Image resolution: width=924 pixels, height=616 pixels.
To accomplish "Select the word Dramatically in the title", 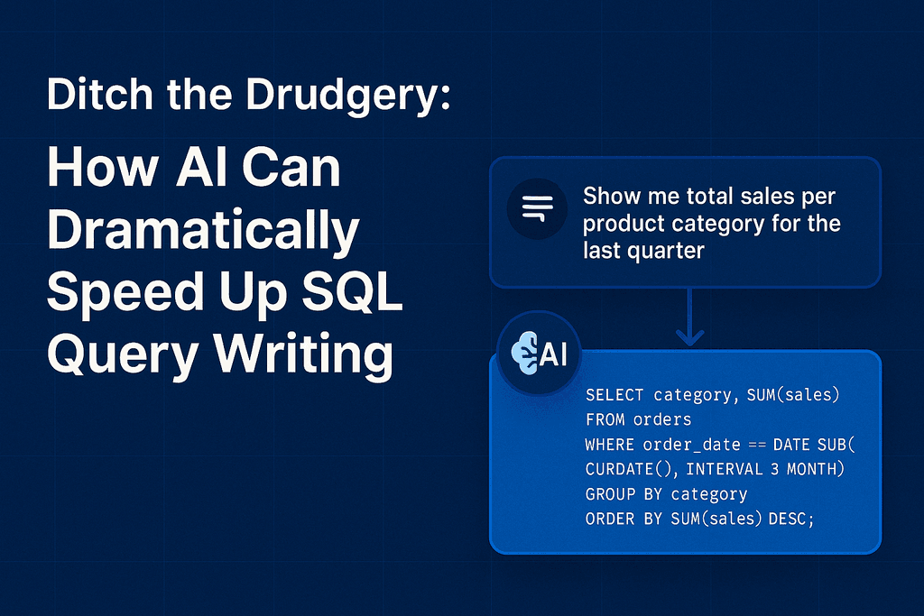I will (203, 233).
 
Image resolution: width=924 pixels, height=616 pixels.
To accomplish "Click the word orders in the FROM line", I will (662, 419).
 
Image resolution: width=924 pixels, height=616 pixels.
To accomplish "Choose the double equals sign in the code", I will (753, 445).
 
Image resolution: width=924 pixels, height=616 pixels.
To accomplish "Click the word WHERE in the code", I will (610, 445).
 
